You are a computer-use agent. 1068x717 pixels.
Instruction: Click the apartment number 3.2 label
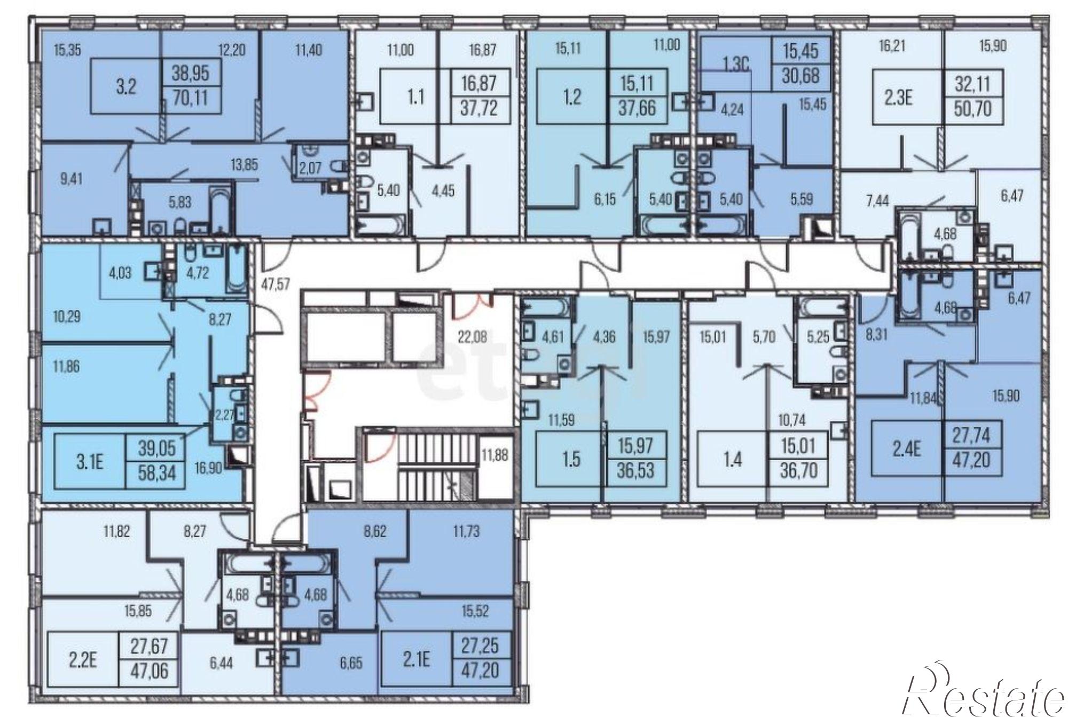pyautogui.click(x=126, y=87)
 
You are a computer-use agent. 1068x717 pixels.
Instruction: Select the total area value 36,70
pyautogui.click(x=798, y=471)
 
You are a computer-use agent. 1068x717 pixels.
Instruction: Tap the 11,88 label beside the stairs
pyautogui.click(x=494, y=455)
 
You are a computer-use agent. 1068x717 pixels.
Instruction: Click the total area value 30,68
pyautogui.click(x=802, y=75)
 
